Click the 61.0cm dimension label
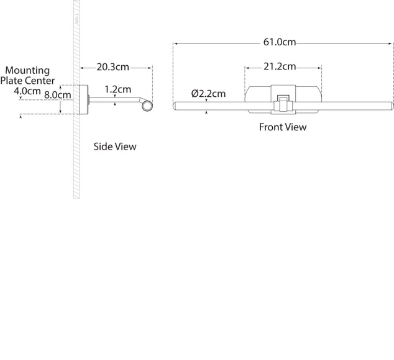[x=280, y=42]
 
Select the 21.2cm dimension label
[x=280, y=66]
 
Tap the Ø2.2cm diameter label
[x=208, y=94]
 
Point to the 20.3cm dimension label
[x=113, y=67]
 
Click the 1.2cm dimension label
[x=118, y=89]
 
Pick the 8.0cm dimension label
[x=58, y=95]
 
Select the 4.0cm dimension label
[x=27, y=91]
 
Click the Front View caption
[x=283, y=127]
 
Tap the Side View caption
[x=115, y=146]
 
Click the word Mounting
[x=27, y=71]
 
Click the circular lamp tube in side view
[x=147, y=106]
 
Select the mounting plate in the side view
[x=84, y=100]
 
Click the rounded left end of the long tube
[x=175, y=106]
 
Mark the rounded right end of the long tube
[x=392, y=106]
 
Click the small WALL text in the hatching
[x=76, y=20]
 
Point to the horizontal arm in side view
[x=114, y=100]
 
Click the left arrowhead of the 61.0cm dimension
[x=176, y=43]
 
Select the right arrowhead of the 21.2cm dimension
[x=319, y=68]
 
